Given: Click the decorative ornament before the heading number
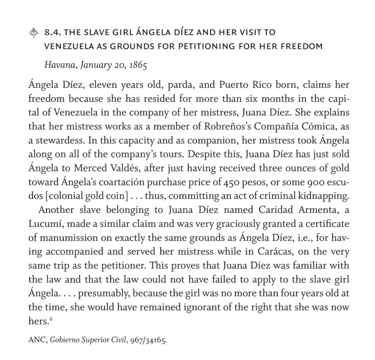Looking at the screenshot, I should (34, 33).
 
